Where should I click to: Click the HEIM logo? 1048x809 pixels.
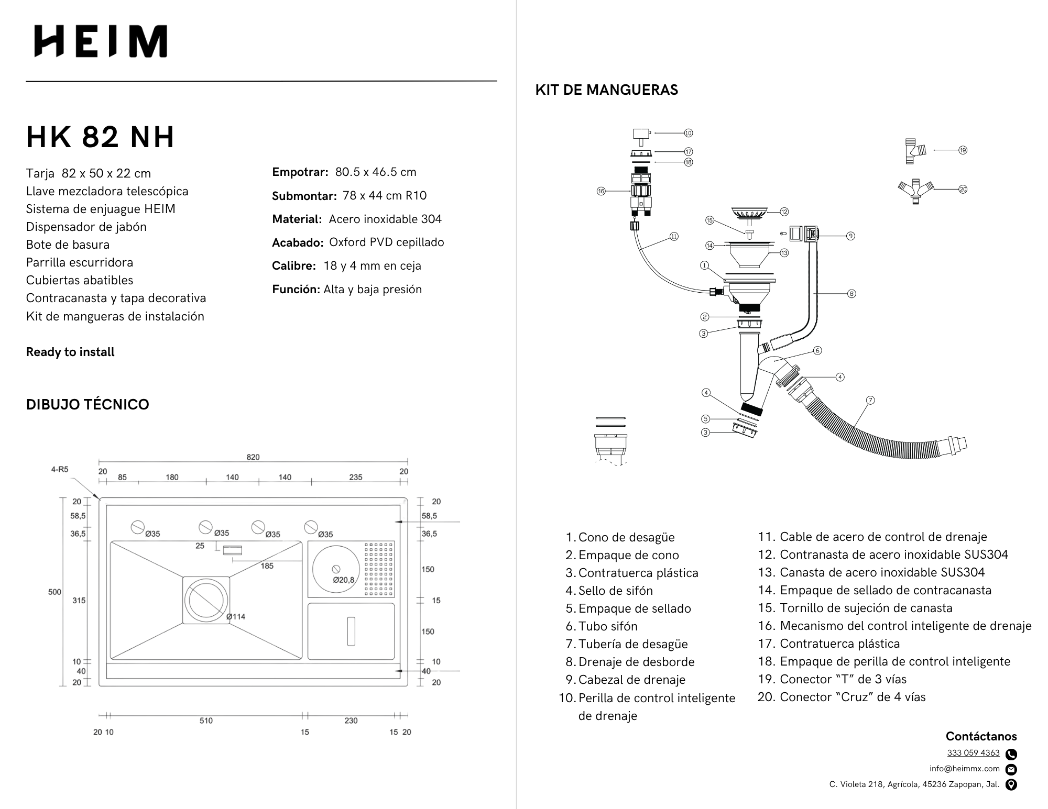pos(101,41)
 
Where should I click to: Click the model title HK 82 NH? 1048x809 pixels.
pos(100,137)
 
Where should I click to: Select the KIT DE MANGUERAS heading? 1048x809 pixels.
pos(606,90)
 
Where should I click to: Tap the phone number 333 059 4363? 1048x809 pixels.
pos(973,753)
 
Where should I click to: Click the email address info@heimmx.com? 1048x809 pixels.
pos(964,769)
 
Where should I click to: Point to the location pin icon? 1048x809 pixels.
pos(1012,784)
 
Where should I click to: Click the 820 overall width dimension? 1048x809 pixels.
pos(253,457)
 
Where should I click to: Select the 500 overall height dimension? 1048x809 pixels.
pos(54,592)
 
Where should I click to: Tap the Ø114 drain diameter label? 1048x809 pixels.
pos(236,616)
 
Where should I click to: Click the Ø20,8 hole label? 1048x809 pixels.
pos(344,580)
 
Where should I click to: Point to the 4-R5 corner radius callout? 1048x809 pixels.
pos(60,470)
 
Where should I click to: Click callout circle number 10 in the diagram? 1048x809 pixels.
pos(689,133)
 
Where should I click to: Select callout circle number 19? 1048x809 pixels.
pos(963,150)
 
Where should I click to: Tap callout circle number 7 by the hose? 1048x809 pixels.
pos(870,400)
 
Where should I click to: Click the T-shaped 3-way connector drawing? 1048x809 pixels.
pos(915,151)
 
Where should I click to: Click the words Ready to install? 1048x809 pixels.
pos(70,352)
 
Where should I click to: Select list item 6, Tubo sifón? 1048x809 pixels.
pos(608,626)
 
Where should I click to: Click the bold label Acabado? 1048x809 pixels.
pos(297,242)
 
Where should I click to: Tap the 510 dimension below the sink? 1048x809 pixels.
pos(206,721)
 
